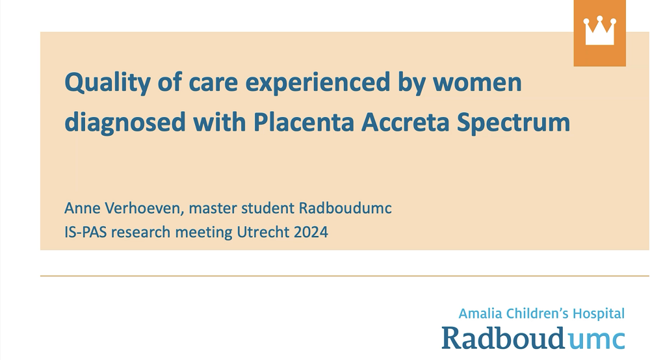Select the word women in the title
[477, 83]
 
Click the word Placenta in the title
[304, 122]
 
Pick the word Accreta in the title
[405, 122]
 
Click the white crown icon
[599, 31]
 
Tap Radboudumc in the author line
[345, 208]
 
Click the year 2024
[311, 232]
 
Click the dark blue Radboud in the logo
[503, 338]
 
